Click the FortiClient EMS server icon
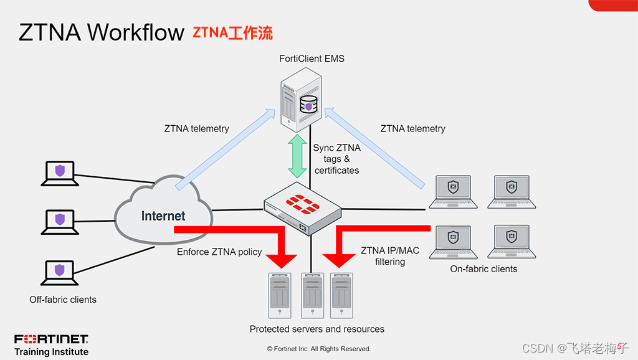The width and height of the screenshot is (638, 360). click(x=300, y=100)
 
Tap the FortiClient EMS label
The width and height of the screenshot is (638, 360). click(x=312, y=59)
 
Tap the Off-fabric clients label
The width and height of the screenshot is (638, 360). click(x=63, y=300)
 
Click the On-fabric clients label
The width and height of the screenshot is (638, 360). click(x=483, y=269)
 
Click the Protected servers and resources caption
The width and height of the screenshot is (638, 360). click(x=317, y=329)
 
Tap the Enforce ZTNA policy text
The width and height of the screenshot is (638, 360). click(x=219, y=252)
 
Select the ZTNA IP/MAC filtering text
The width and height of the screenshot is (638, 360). click(x=390, y=256)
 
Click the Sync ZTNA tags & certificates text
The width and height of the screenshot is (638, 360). click(x=336, y=159)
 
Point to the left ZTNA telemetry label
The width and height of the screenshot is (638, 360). click(x=197, y=129)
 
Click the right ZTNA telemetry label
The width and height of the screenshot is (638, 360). click(x=412, y=129)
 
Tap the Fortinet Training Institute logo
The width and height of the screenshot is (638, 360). click(x=51, y=345)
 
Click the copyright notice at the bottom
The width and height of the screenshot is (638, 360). click(x=318, y=349)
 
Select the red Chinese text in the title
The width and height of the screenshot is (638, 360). click(x=232, y=33)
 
